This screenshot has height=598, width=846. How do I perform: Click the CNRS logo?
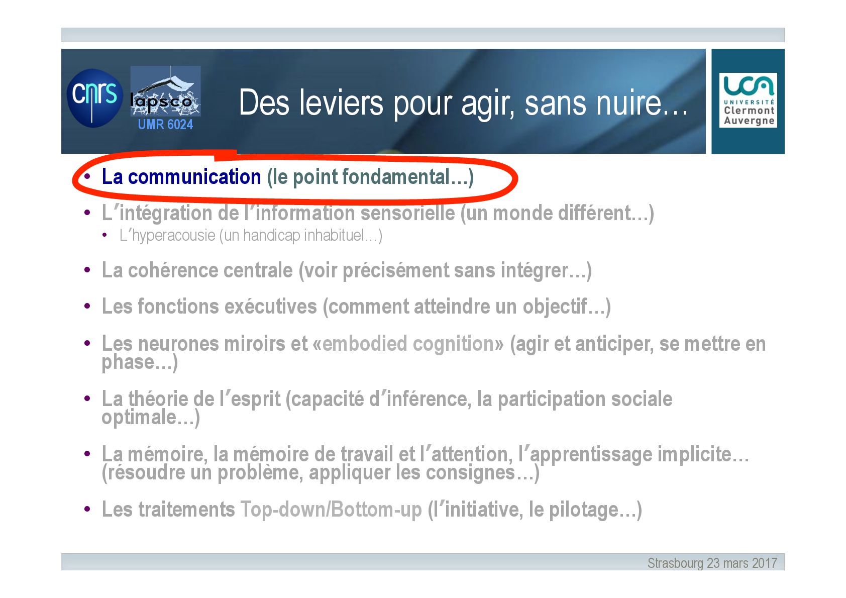[94, 98]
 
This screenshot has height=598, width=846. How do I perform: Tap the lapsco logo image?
[165, 91]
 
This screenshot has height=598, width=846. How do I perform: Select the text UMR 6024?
[165, 124]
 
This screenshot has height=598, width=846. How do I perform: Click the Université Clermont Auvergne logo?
[748, 100]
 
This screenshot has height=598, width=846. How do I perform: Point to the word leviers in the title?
[342, 103]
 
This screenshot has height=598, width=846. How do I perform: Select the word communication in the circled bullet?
[194, 176]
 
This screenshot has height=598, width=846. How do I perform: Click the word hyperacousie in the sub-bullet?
[173, 235]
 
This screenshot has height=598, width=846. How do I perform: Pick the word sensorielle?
[407, 213]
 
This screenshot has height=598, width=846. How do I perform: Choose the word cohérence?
[210, 270]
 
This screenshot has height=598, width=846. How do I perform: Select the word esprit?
[256, 400]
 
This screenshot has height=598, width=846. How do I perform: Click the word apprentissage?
[591, 454]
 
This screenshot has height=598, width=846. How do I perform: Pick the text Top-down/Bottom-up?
[331, 509]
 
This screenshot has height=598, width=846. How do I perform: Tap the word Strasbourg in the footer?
[675, 563]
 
